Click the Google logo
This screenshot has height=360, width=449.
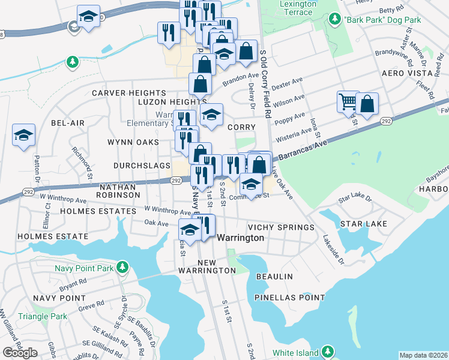20,353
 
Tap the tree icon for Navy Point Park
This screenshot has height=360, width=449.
122,266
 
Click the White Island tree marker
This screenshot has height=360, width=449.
328,350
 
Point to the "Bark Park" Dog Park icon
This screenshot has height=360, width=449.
334,20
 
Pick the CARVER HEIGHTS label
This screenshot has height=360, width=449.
128,93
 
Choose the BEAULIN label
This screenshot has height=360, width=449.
274,277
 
